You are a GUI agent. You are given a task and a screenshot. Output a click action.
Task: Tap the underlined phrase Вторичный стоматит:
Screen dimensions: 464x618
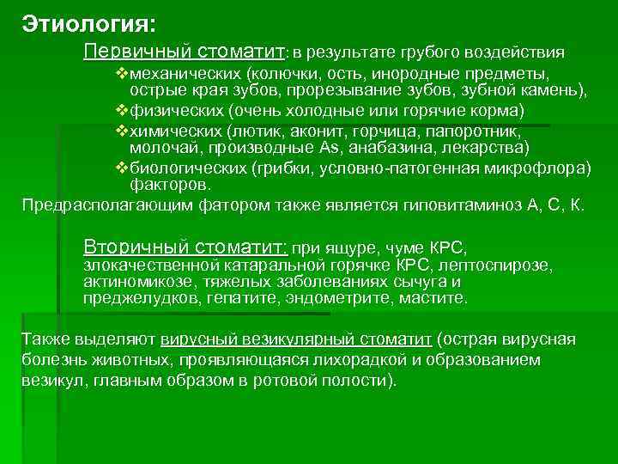pyautogui.click(x=185, y=247)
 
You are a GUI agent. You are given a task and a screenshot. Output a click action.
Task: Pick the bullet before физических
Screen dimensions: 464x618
pyautogui.click(x=122, y=111)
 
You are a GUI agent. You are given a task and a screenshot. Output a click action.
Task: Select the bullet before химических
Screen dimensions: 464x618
pyautogui.click(x=122, y=131)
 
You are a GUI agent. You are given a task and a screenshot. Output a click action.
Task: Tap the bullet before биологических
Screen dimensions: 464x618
pyautogui.click(x=122, y=168)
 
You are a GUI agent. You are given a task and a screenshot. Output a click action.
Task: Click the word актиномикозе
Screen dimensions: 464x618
pyautogui.click(x=130, y=282)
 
